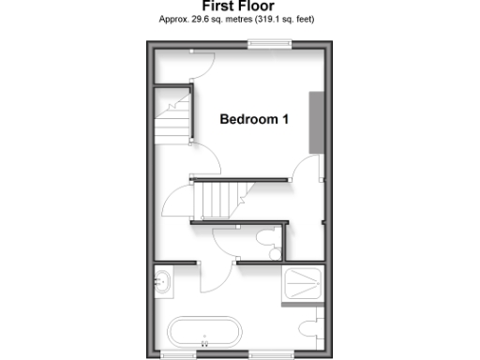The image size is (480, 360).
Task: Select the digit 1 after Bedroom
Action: (x=286, y=120)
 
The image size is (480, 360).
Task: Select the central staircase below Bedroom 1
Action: (x=217, y=199)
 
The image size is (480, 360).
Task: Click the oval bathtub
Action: (x=205, y=333)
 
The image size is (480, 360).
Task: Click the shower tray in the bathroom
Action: (x=303, y=284)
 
